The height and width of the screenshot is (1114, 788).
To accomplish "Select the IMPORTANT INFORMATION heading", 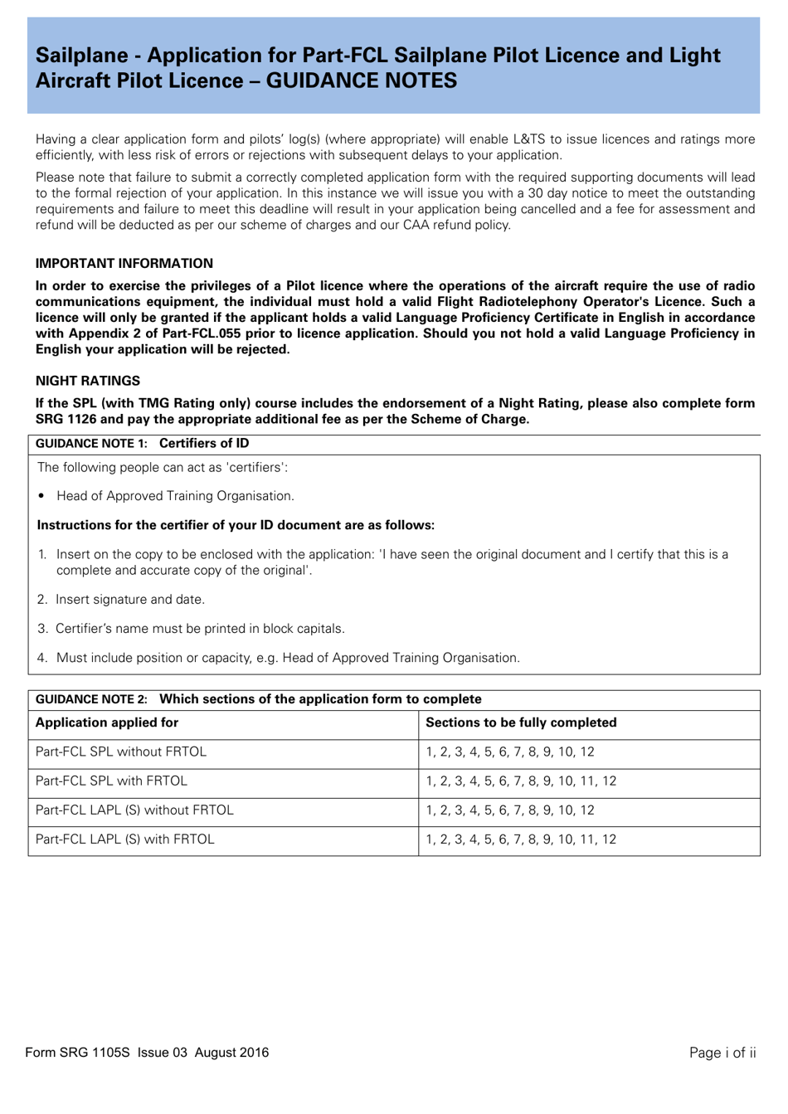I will tap(124, 263).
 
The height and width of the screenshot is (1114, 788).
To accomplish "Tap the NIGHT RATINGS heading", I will tap(87, 381).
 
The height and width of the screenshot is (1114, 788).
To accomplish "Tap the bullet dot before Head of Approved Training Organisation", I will tap(41, 496).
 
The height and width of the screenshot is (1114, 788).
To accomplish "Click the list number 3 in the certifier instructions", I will tap(42, 629).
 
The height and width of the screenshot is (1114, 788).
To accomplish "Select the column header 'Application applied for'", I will tap(106, 722).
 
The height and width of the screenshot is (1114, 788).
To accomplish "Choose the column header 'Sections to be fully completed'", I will tap(520, 722).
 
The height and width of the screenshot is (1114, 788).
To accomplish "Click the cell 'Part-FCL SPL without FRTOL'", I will tap(120, 752).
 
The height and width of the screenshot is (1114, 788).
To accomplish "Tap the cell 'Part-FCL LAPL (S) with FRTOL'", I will tap(124, 839).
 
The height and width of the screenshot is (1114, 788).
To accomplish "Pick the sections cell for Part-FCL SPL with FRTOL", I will tap(520, 781).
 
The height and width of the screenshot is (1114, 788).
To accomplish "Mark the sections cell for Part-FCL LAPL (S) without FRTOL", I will tap(509, 810).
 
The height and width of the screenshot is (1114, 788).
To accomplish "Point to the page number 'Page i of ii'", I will tap(722, 1053).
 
